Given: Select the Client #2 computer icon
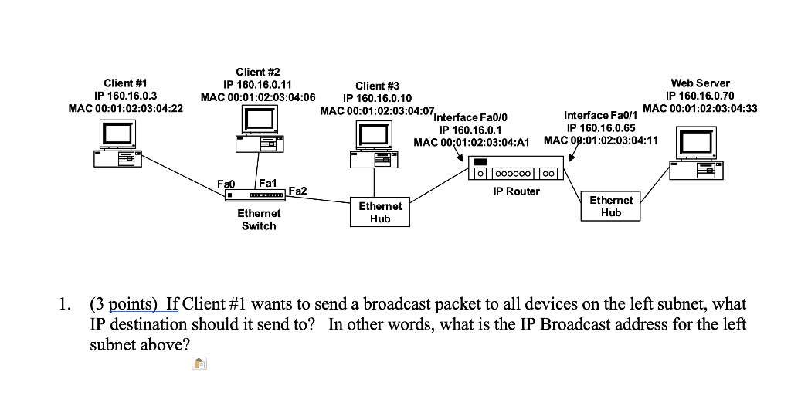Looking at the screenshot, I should (x=259, y=130).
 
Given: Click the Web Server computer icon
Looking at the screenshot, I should (x=697, y=154).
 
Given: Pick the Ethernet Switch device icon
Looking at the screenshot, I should (x=255, y=195).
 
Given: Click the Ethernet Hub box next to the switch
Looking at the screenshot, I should (x=380, y=212).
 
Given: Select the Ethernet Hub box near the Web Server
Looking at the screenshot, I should (x=610, y=205).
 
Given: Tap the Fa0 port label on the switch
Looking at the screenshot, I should (x=226, y=184).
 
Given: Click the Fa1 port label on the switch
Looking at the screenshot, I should (x=268, y=183).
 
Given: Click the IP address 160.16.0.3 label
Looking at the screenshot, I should (x=126, y=95).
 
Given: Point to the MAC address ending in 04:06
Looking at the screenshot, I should (x=258, y=97).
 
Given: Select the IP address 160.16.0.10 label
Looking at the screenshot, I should (x=377, y=98).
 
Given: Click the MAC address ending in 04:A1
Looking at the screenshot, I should (x=471, y=142).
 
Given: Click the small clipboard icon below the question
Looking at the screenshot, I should (x=199, y=363).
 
